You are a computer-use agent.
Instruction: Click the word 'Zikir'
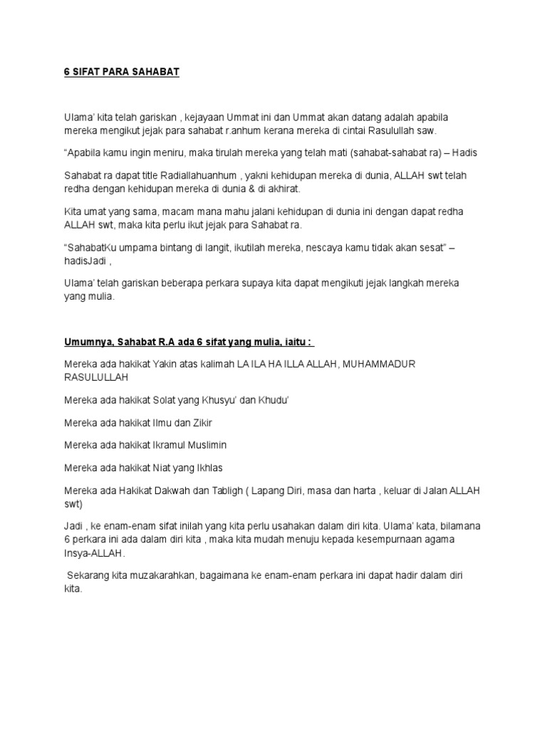(x=199, y=423)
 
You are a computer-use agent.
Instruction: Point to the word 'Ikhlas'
(x=207, y=468)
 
